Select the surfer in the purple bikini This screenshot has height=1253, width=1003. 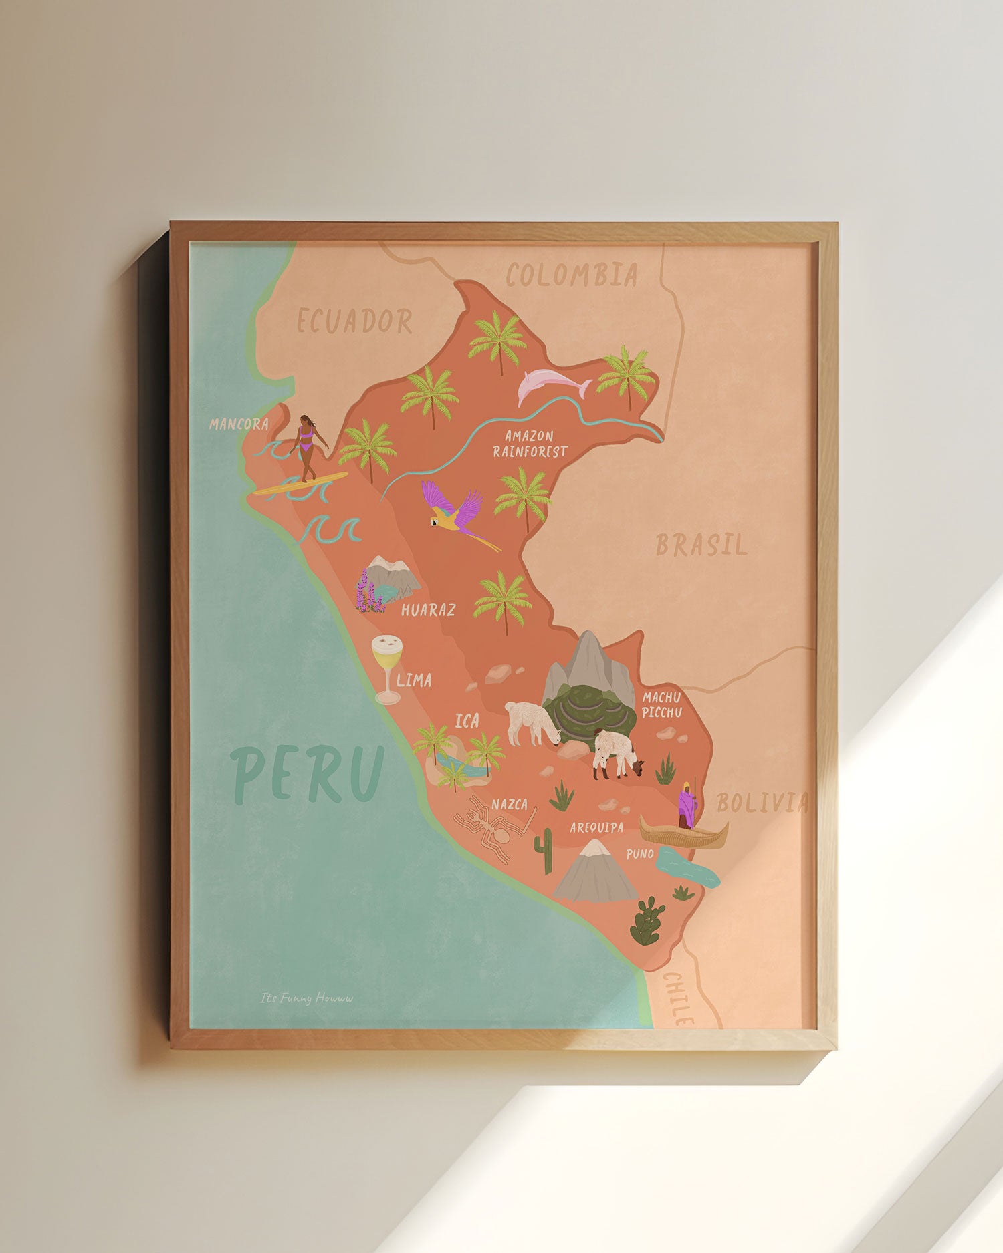tap(307, 444)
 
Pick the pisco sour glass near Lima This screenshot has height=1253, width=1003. tap(387, 665)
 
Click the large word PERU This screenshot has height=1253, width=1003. tap(308, 774)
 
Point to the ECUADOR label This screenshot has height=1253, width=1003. tap(354, 321)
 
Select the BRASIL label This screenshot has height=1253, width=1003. tap(701, 545)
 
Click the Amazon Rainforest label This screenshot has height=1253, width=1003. tap(530, 444)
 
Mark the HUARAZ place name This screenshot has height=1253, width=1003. tap(429, 609)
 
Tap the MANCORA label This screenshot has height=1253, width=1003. tap(239, 424)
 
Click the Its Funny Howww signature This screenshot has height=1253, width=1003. tap(306, 998)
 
